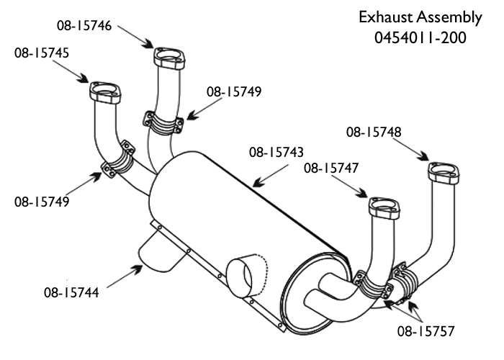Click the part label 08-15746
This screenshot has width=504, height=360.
click(84, 25)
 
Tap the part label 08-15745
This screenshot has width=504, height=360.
click(41, 53)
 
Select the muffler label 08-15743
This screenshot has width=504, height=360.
click(276, 153)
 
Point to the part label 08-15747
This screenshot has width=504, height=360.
click(331, 168)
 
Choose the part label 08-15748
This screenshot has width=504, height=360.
click(374, 132)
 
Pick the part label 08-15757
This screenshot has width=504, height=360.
click(426, 332)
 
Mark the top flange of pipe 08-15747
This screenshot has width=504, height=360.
click(383, 206)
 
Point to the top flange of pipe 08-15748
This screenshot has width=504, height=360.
click(444, 173)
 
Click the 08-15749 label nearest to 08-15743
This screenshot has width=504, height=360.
click(233, 91)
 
